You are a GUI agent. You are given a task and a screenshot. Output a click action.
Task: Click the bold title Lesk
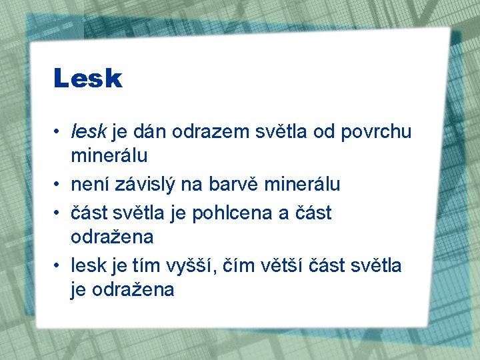point(88,79)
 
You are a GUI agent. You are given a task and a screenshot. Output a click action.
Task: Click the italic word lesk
point(88,132)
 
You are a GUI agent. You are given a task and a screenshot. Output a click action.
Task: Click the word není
point(90,184)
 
